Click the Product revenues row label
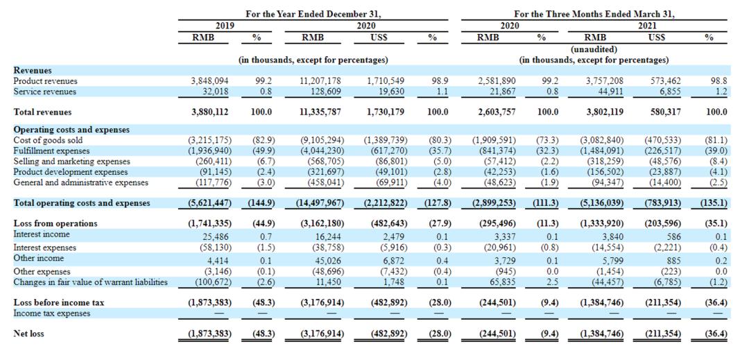pos(45,81)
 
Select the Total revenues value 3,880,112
pos(209,112)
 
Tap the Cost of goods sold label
pos(48,140)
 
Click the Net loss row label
pos(28,334)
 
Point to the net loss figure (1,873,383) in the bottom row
pos(209,334)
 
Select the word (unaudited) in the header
pos(594,49)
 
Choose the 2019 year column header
pos(225,26)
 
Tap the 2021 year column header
pos(647,26)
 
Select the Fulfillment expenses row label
pos(45,151)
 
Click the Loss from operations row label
pos(55,223)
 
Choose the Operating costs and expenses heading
pos(71,130)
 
